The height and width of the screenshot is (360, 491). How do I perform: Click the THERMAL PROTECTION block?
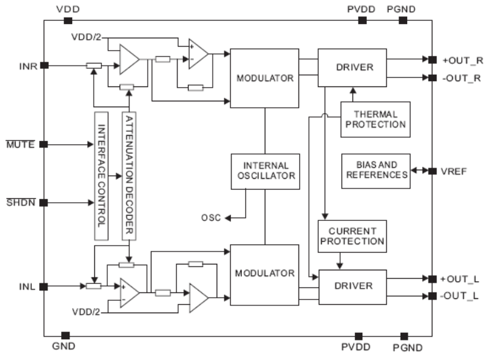coord(375,120)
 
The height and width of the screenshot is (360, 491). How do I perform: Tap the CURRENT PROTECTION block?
coord(352,237)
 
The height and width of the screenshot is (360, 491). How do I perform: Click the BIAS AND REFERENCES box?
coord(376,170)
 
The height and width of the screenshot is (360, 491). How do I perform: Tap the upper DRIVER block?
coord(352,68)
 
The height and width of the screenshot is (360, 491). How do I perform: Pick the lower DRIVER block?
coord(352,286)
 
